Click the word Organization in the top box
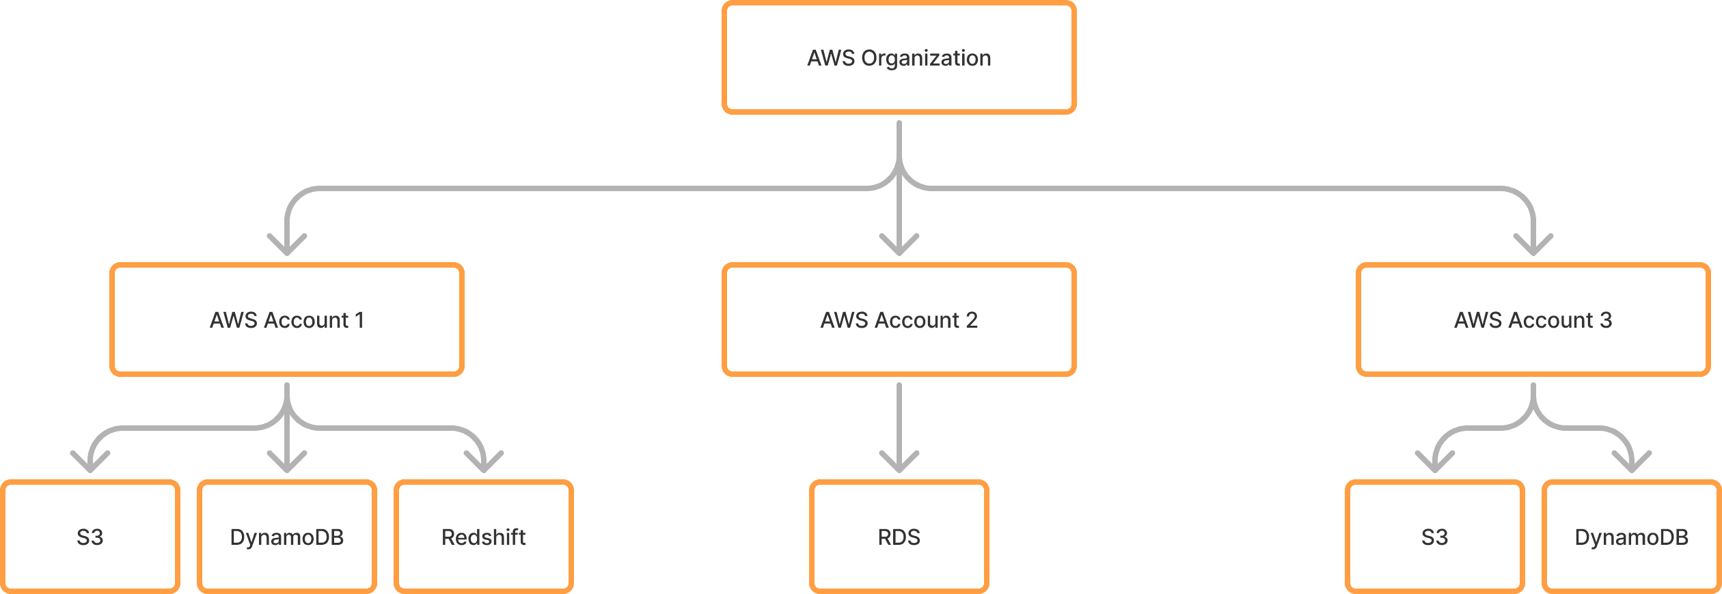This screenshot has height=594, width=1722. tap(926, 59)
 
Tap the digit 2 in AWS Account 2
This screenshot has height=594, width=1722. tap(971, 320)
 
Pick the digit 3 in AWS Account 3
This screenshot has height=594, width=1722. tap(1606, 320)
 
